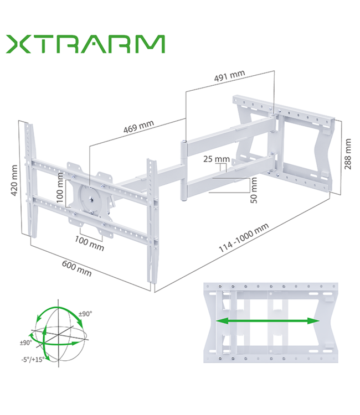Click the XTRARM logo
[85, 44]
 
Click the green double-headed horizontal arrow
[268, 321]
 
